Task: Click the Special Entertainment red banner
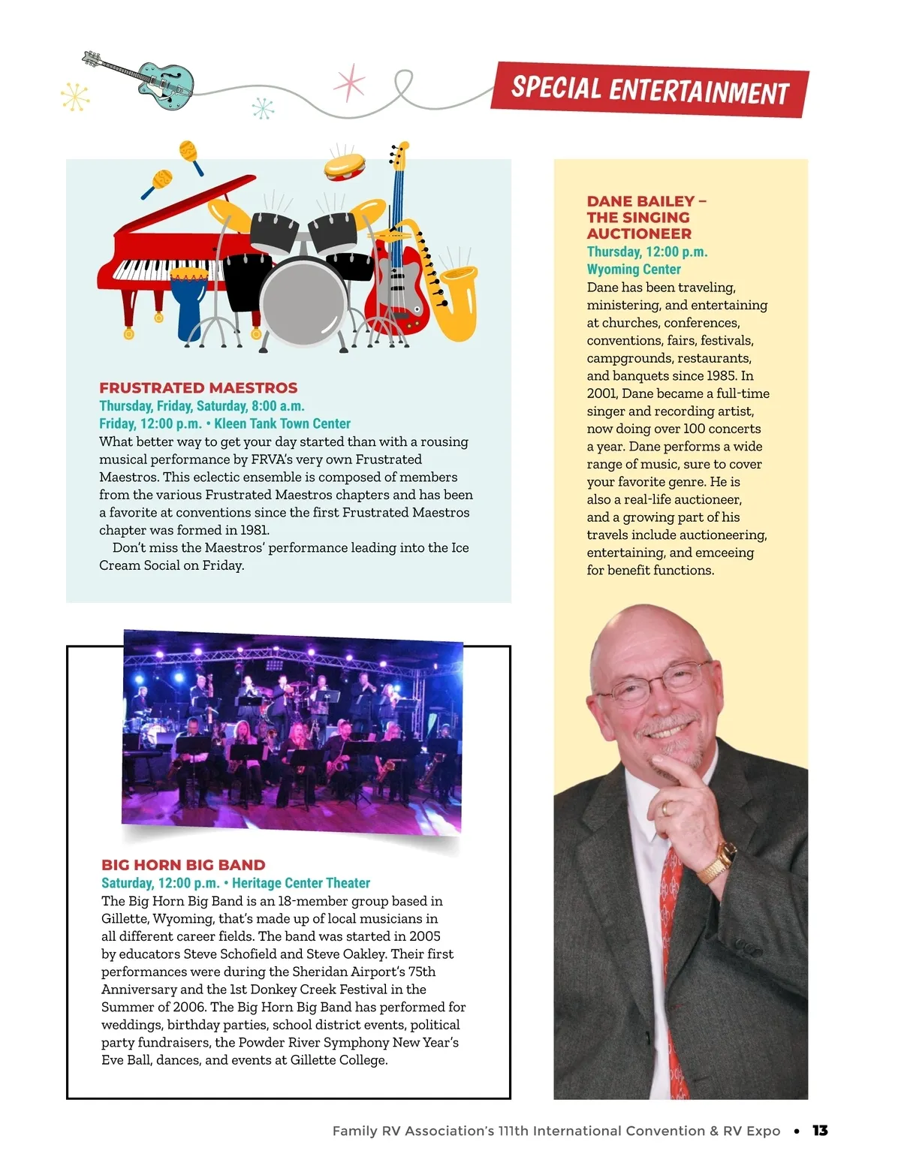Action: (x=649, y=89)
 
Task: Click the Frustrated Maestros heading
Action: (x=198, y=388)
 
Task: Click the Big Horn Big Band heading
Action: (x=183, y=865)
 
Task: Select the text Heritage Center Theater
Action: (x=301, y=883)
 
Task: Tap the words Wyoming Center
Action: (x=634, y=270)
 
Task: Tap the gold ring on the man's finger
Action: (x=667, y=808)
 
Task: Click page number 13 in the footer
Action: (x=820, y=1131)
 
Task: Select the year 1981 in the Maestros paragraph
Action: (x=253, y=530)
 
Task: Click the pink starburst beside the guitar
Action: (x=349, y=83)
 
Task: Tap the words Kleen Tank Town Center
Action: (x=282, y=423)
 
